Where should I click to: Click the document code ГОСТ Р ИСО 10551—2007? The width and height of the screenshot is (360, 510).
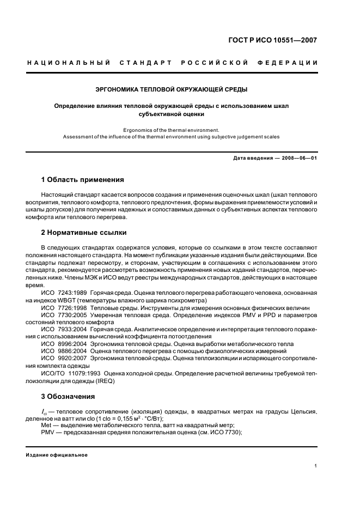point(273,40)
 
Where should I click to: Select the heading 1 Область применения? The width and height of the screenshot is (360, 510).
point(83,179)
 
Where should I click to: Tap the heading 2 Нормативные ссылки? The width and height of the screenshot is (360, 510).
point(84,233)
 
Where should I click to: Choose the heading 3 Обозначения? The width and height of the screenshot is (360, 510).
point(68,396)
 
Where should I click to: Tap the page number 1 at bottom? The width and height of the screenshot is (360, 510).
point(316,466)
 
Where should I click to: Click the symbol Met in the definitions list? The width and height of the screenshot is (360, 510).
point(47,425)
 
